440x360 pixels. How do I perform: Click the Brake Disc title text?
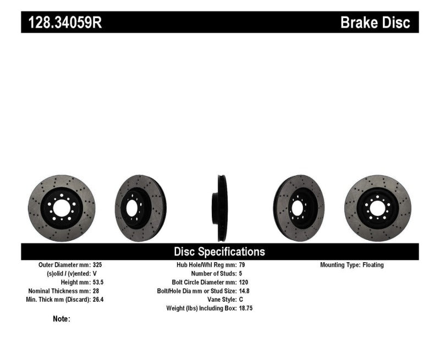point(375,23)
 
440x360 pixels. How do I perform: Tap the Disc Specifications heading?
point(219,252)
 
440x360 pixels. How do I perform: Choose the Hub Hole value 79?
point(243,265)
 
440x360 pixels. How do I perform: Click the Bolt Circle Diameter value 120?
point(244,282)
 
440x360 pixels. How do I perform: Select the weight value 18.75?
point(246,308)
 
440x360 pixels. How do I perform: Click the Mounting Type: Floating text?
point(352,265)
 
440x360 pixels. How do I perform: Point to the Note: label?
point(62,319)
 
